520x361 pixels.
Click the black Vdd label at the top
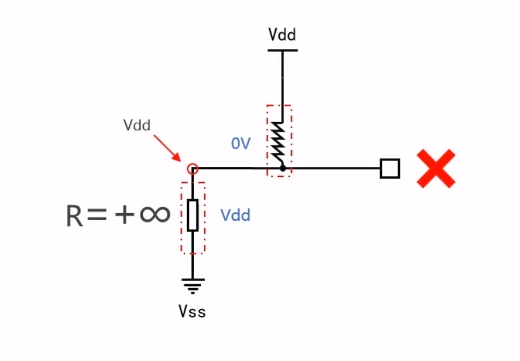point(282,34)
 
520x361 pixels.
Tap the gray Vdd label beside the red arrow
point(137,125)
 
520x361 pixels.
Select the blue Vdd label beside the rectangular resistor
point(235,215)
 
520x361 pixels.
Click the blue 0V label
point(241,143)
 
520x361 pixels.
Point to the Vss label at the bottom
point(192,312)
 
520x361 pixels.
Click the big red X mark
point(435,168)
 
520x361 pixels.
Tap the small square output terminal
point(390,169)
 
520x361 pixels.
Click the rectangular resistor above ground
point(193,215)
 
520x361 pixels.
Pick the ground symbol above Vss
point(193,286)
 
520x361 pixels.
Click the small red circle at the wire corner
point(193,169)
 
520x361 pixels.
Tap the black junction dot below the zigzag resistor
point(282,168)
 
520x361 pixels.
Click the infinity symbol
point(155,214)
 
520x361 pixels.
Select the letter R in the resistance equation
point(74,216)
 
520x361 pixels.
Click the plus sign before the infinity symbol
point(125,214)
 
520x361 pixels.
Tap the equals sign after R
point(97,214)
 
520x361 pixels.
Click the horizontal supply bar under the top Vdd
point(282,50)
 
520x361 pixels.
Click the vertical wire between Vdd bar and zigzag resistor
point(282,87)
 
